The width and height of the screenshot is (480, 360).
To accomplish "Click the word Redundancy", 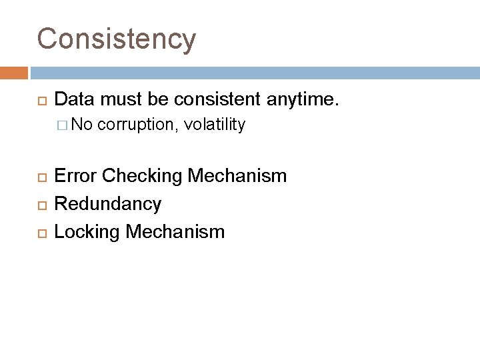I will (107, 204).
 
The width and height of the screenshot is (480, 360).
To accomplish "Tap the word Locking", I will (83, 231).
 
